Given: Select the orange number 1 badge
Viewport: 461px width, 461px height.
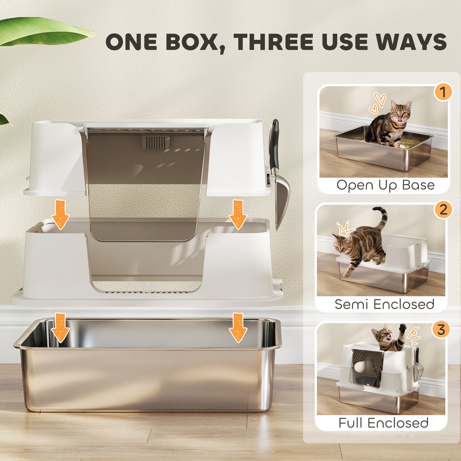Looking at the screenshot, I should (x=442, y=92).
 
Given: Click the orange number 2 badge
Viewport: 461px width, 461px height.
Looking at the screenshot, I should (x=443, y=210).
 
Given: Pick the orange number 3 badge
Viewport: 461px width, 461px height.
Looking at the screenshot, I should (x=441, y=330).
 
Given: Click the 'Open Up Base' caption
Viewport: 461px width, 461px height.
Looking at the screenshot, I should (x=385, y=185).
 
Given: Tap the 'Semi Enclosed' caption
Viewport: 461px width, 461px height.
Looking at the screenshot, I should (x=384, y=304).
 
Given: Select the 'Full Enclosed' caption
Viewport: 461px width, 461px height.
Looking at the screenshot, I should (x=383, y=423).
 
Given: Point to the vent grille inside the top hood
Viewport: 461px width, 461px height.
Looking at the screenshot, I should (x=155, y=142).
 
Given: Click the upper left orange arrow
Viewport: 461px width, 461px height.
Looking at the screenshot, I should (x=60, y=214).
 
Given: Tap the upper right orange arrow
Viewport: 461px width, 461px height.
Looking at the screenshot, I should (x=238, y=214).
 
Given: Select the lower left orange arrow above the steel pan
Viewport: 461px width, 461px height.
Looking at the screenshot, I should (x=60, y=327).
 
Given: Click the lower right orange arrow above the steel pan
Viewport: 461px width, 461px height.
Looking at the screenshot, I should (x=238, y=327).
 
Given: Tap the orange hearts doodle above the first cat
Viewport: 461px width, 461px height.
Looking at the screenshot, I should (x=377, y=103).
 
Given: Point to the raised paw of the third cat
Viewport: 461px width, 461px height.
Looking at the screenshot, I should (x=403, y=328).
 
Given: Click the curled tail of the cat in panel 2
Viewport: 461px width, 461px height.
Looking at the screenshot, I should (x=383, y=217).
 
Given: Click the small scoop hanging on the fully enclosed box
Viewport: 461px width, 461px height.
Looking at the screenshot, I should (x=419, y=367).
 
